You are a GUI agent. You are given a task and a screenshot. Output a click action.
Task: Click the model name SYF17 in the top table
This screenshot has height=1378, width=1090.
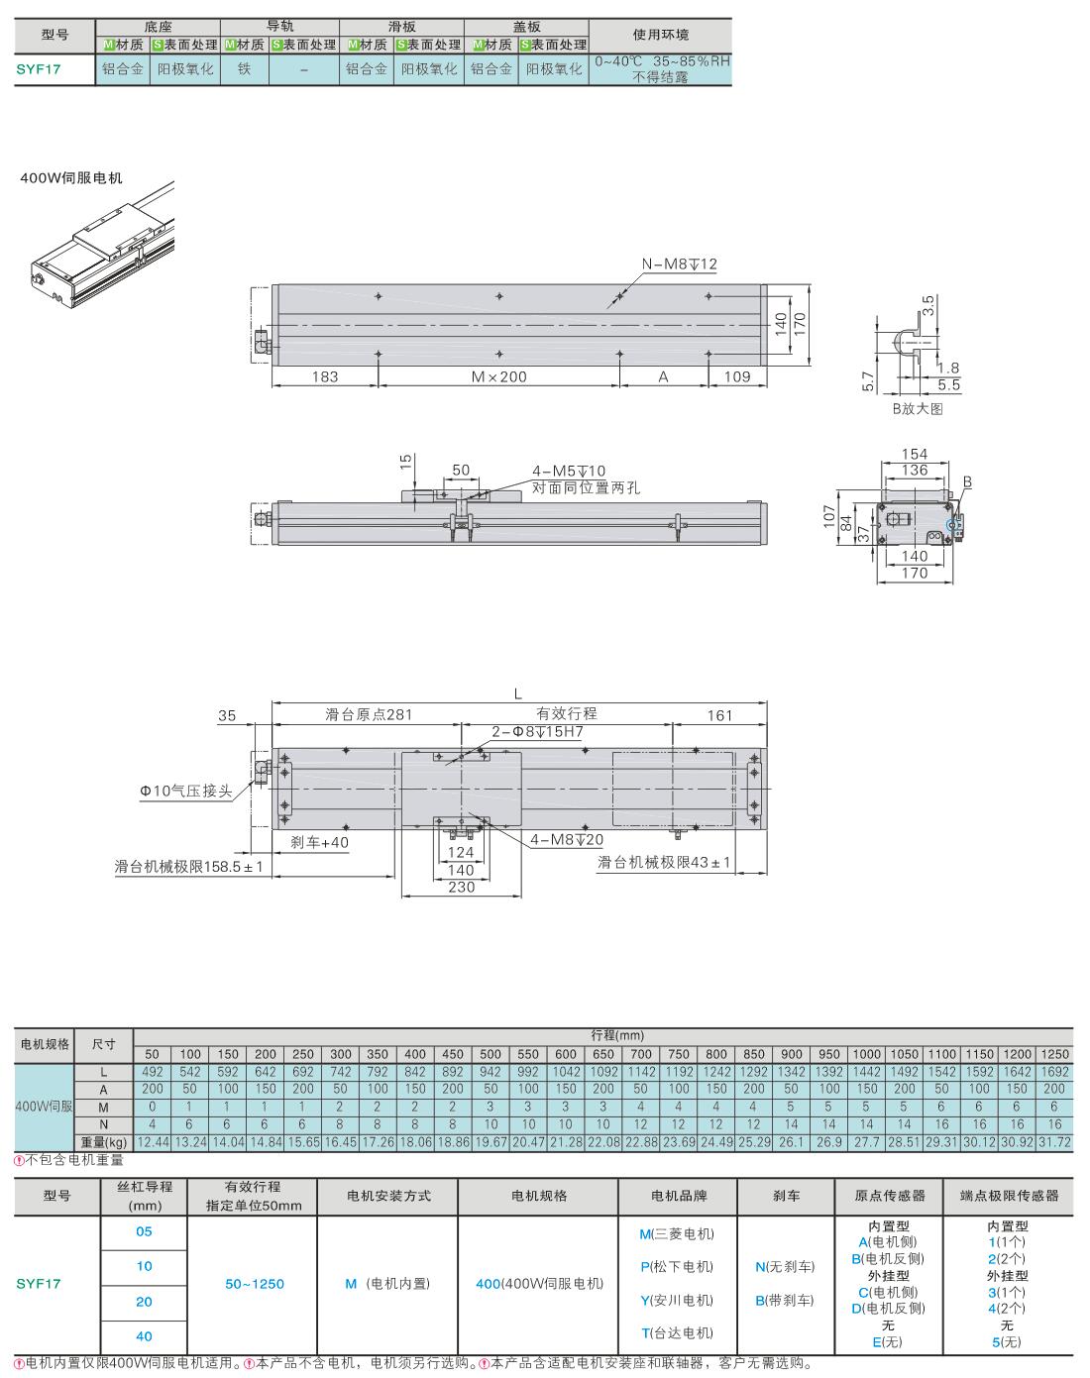pos(39,69)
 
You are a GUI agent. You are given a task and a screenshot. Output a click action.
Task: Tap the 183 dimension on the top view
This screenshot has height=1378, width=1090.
pos(325,376)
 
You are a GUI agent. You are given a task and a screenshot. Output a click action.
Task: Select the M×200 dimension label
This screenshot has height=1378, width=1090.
pos(498,376)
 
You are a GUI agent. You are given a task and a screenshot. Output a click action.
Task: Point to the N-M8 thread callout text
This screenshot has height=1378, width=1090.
pos(680,264)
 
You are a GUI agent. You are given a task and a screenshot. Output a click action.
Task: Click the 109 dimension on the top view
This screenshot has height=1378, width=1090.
pos(737,376)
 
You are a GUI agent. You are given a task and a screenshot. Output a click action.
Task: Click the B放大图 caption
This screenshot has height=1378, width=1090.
pos(918,408)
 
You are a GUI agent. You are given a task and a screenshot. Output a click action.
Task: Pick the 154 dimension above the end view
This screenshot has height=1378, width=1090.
pos(914,454)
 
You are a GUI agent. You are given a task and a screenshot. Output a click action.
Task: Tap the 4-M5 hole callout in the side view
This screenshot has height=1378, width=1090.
pos(569,472)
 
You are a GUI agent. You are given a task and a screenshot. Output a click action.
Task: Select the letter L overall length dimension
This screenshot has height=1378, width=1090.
pos(518,693)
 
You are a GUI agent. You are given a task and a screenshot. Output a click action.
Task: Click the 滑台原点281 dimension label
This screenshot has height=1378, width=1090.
pos(369,714)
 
